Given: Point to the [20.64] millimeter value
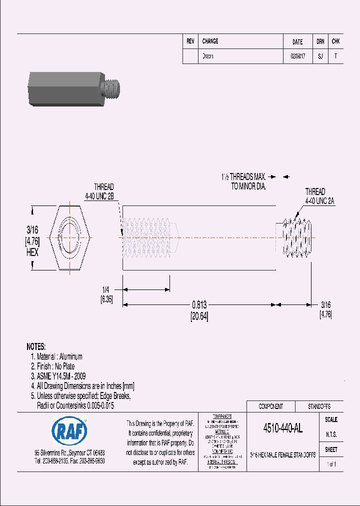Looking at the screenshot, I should coord(199,316).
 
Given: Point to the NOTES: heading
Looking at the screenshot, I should coord(36,346).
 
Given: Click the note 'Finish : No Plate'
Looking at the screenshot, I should coord(55,366).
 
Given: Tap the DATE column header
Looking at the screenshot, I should coord(297,42).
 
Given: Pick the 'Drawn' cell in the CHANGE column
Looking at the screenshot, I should coord(207,56).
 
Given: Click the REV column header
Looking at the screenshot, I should coord(190,41).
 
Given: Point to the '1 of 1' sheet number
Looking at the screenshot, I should coord(331,464).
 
